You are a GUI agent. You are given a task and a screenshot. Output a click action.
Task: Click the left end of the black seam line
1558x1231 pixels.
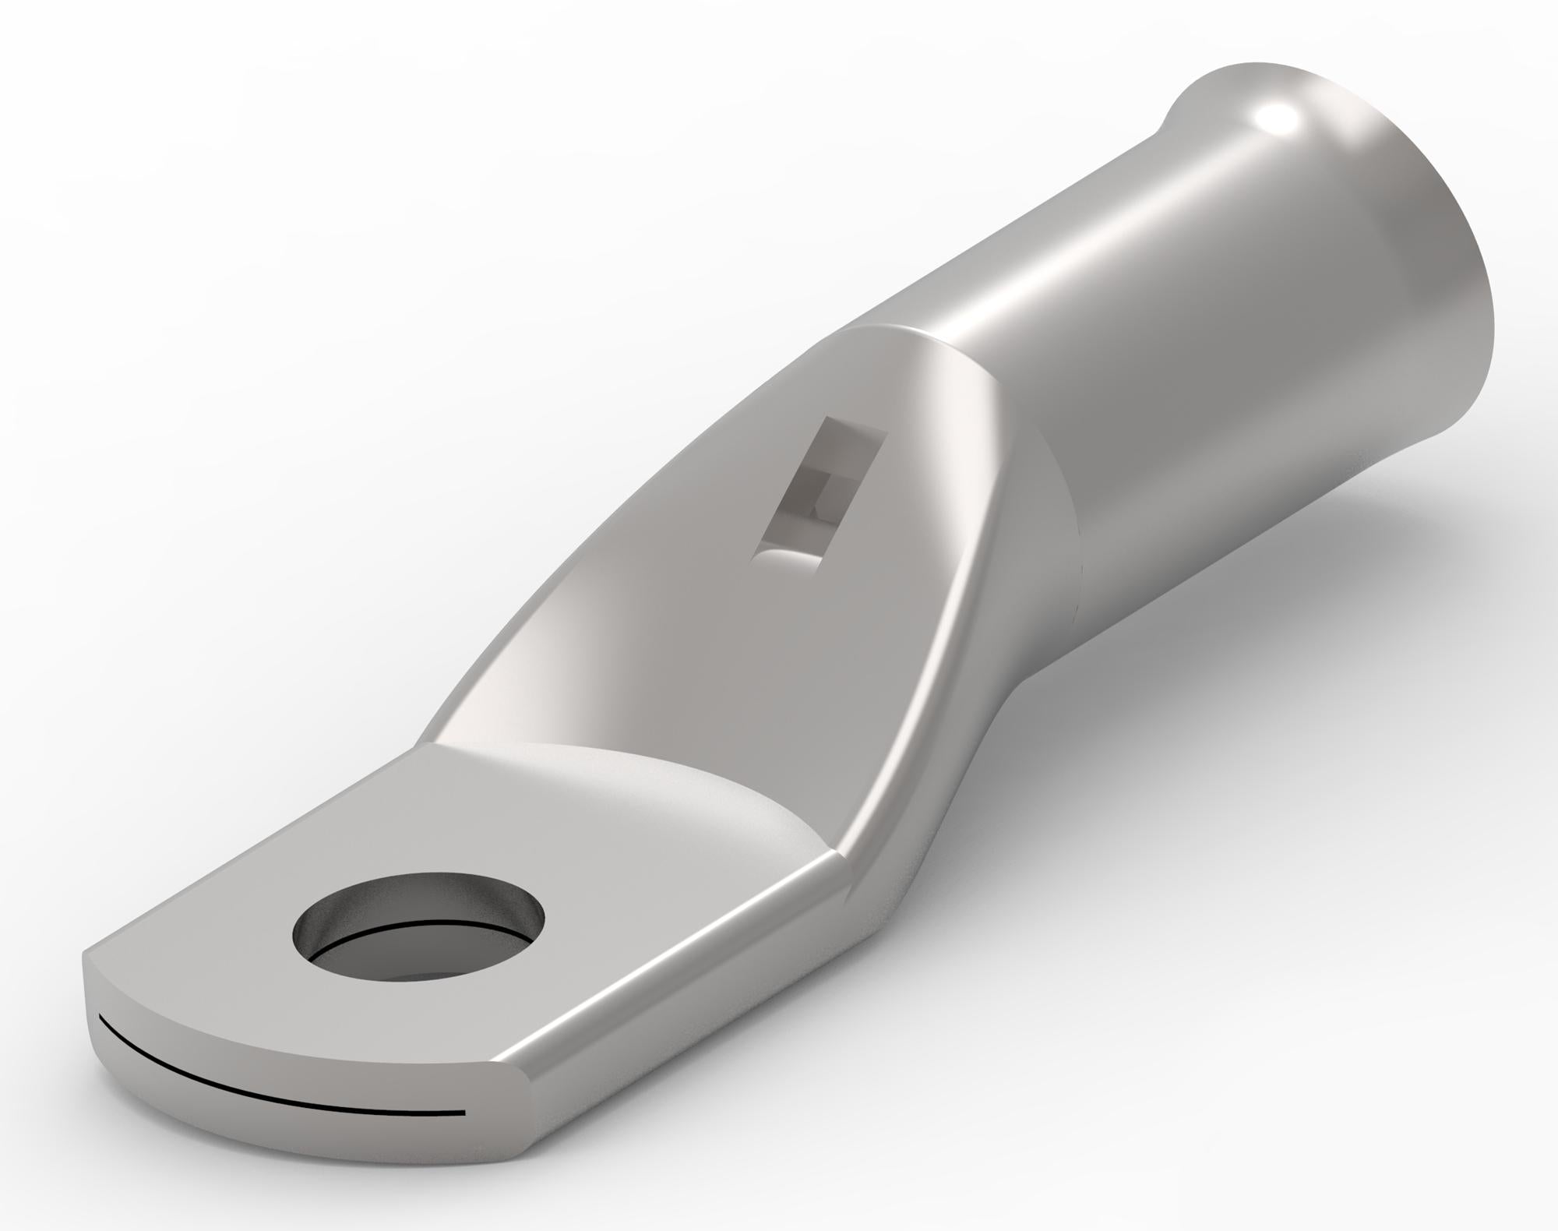[x=101, y=1019]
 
